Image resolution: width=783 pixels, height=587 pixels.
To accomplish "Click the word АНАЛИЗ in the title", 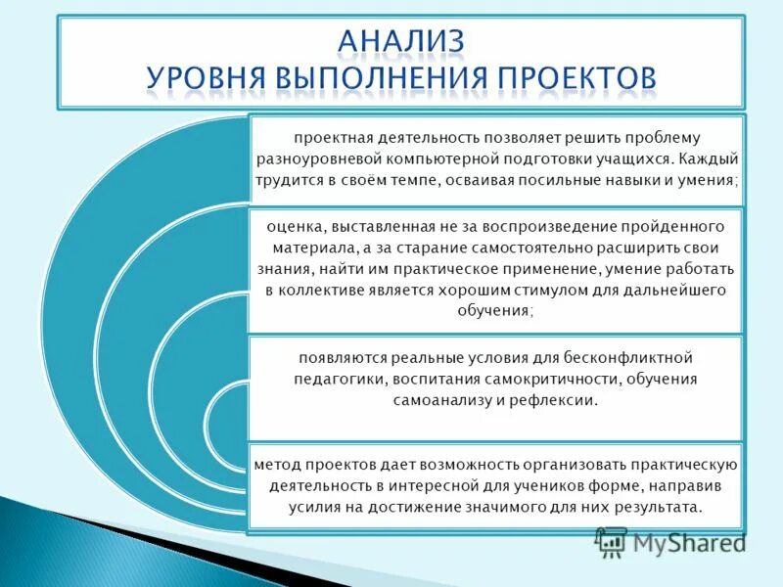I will [401, 41].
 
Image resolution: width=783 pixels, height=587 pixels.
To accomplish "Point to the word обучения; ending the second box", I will [494, 310].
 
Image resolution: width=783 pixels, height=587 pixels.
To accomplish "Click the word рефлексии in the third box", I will [556, 400].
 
